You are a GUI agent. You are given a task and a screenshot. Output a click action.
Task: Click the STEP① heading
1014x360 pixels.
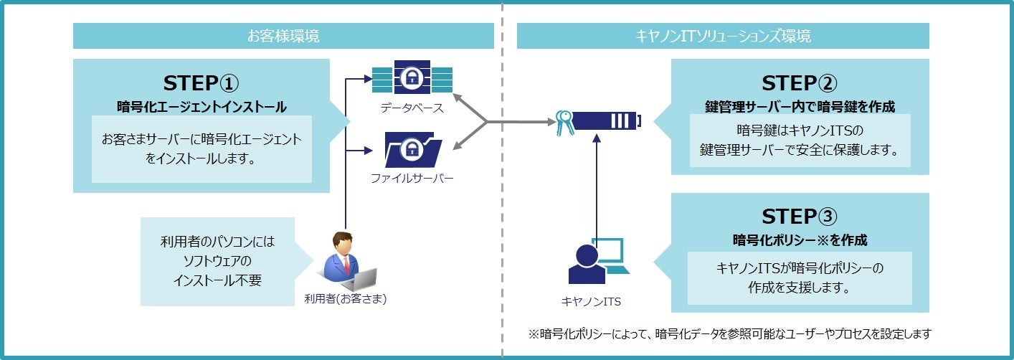(x=201, y=82)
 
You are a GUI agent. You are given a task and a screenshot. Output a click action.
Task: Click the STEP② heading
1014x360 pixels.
(x=800, y=82)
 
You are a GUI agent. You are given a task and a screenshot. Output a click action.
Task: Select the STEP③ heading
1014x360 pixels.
(x=800, y=216)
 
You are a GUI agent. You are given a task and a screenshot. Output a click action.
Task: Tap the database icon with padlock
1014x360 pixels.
(x=412, y=77)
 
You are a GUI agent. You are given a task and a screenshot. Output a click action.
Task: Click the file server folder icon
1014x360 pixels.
(x=412, y=149)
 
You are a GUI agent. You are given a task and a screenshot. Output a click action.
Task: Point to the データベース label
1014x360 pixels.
(x=412, y=108)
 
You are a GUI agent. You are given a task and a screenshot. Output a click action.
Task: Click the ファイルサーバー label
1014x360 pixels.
(x=412, y=179)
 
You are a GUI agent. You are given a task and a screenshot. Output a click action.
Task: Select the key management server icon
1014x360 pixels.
(x=607, y=121)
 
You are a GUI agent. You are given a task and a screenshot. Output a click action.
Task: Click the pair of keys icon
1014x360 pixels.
(x=564, y=123)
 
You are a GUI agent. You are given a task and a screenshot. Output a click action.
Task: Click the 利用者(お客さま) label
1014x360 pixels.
(x=346, y=299)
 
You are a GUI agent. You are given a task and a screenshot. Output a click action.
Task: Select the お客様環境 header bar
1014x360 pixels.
(x=283, y=36)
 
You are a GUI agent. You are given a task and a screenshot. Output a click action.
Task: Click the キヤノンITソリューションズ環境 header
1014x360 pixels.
(x=723, y=36)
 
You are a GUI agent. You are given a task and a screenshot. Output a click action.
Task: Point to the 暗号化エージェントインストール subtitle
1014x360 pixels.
(x=202, y=107)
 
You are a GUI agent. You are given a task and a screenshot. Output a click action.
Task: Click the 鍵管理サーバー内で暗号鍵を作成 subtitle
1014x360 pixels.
(x=800, y=107)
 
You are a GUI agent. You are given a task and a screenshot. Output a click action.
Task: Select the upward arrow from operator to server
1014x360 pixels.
(x=596, y=186)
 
